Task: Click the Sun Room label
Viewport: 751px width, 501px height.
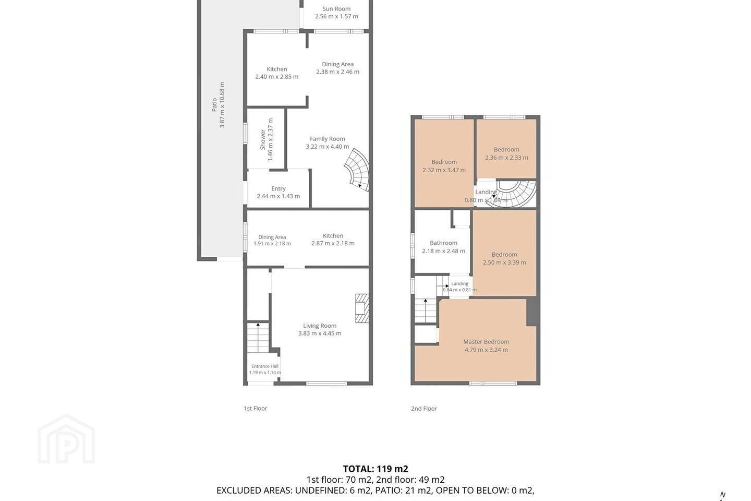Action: point(336,9)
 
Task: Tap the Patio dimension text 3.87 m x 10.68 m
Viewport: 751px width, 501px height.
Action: point(222,105)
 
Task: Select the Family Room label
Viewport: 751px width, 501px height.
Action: point(327,139)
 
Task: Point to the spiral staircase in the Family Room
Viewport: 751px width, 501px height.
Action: point(357,170)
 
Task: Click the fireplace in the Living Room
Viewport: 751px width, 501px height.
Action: point(362,308)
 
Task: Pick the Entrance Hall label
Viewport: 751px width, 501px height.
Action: point(265,366)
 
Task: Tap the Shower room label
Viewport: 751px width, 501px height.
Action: point(263,139)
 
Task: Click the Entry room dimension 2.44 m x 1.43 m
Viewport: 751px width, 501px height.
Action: point(278,196)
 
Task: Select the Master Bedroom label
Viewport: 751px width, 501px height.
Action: point(486,342)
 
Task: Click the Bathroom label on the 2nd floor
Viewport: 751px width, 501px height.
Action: point(443,243)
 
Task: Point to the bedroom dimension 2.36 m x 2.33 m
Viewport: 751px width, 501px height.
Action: point(506,158)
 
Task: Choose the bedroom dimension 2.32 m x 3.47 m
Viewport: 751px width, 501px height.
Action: point(444,170)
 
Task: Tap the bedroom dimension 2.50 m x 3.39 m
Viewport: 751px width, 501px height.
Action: point(504,263)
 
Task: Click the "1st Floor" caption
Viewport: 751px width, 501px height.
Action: point(256,409)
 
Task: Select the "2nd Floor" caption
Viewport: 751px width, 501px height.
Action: point(424,409)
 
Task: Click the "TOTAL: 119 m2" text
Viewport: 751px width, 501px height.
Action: point(375,469)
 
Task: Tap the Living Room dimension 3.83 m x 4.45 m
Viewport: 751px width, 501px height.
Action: point(320,333)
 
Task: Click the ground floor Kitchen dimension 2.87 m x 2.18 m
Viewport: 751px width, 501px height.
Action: point(333,243)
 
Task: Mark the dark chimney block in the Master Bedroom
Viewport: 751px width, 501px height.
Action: point(532,312)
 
